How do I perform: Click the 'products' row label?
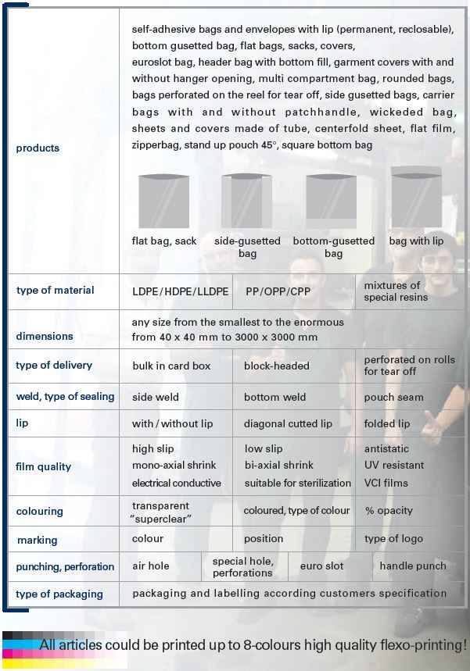[x=38, y=148]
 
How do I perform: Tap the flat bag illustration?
[x=163, y=200]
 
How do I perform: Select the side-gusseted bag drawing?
[x=246, y=200]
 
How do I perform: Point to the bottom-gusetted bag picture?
[x=332, y=200]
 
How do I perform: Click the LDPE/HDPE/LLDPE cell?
[x=181, y=291]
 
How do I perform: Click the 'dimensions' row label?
[x=45, y=337]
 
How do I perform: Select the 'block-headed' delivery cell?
[x=276, y=366]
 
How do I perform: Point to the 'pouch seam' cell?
[x=393, y=398]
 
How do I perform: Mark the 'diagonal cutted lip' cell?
[x=288, y=424]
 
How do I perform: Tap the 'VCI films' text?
[x=386, y=484]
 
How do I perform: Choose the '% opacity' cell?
[x=389, y=511]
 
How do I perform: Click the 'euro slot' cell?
[x=322, y=566]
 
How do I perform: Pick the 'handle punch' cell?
[x=413, y=566]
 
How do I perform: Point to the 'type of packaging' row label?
[x=59, y=594]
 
